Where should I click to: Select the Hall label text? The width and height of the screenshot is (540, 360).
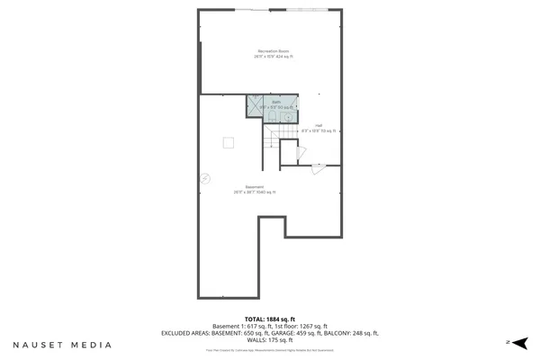click(x=318, y=125)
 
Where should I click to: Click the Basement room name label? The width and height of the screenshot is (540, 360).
click(x=255, y=187)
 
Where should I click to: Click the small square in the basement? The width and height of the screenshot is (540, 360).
click(x=229, y=141)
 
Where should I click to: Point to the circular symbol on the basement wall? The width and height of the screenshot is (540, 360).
click(x=205, y=178)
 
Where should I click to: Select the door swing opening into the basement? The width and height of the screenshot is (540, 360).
click(x=316, y=167)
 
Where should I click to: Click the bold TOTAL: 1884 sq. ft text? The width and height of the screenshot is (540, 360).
click(x=269, y=319)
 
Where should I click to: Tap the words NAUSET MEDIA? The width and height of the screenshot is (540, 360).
click(x=62, y=344)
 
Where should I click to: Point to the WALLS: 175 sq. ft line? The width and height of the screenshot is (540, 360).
click(x=270, y=339)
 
